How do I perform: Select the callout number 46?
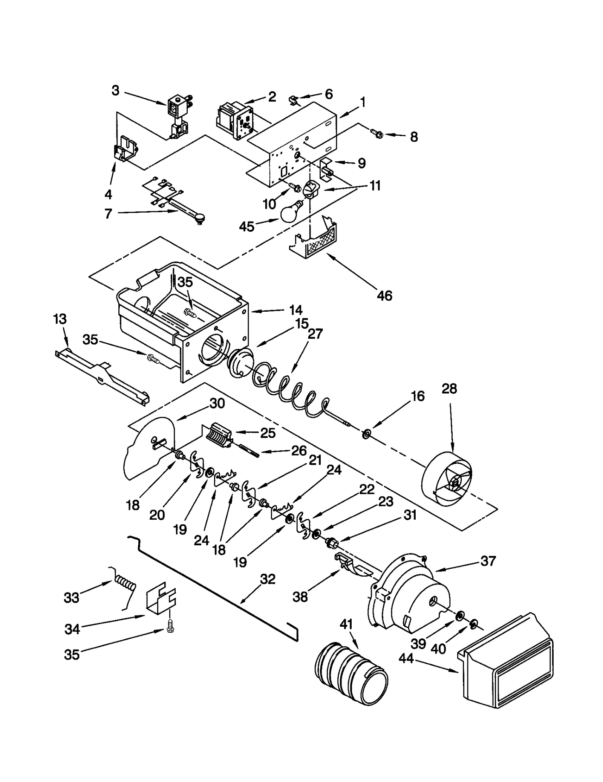click(x=384, y=295)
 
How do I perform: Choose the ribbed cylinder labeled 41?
click(x=350, y=675)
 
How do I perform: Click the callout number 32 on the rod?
click(x=268, y=579)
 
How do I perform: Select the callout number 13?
click(x=60, y=319)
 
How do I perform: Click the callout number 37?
click(x=488, y=561)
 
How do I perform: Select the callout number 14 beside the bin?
click(x=296, y=310)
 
